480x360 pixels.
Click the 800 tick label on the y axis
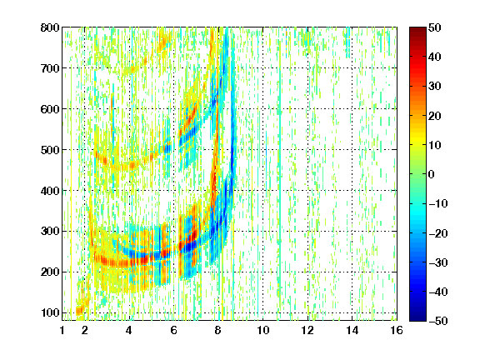(x=50, y=27)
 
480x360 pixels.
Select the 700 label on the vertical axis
(x=50, y=68)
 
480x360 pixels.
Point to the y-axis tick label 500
(x=50, y=150)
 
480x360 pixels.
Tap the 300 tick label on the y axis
(x=50, y=231)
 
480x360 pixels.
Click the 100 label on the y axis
(x=50, y=312)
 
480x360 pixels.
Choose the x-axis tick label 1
(x=62, y=330)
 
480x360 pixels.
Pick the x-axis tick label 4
(x=129, y=330)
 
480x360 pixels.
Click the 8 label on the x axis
(x=217, y=330)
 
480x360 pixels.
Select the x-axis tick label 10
(x=262, y=330)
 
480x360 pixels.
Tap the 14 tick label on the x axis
(x=352, y=330)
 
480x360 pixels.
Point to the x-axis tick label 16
(x=397, y=330)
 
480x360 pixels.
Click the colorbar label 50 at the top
(x=435, y=27)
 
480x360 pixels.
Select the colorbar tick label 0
(x=432, y=174)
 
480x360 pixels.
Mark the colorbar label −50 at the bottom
(x=438, y=321)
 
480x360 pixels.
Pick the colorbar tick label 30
(x=435, y=87)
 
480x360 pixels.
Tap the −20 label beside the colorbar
(x=438, y=233)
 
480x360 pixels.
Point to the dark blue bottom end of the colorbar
(x=417, y=318)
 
